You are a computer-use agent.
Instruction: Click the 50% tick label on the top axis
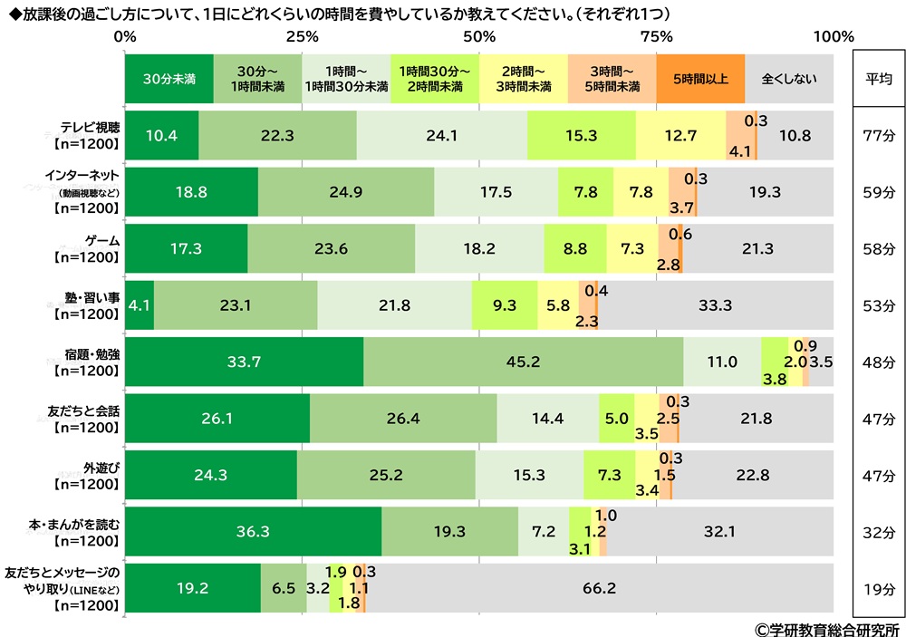(x=478, y=37)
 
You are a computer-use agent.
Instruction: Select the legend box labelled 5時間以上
(x=700, y=79)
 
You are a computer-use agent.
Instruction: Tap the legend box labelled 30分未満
(x=169, y=79)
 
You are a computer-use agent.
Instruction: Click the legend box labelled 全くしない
(x=788, y=79)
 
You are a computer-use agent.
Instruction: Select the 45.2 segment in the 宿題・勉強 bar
(x=523, y=362)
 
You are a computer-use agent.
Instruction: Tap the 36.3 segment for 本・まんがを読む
(x=253, y=531)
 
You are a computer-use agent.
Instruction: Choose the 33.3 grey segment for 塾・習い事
(x=715, y=305)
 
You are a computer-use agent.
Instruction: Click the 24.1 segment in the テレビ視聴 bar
(x=441, y=135)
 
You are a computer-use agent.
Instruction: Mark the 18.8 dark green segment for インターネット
(x=191, y=192)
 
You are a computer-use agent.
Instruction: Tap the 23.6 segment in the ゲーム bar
(x=331, y=248)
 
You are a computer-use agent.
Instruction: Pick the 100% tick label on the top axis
(x=834, y=37)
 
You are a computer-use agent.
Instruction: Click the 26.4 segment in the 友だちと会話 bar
(x=403, y=418)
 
